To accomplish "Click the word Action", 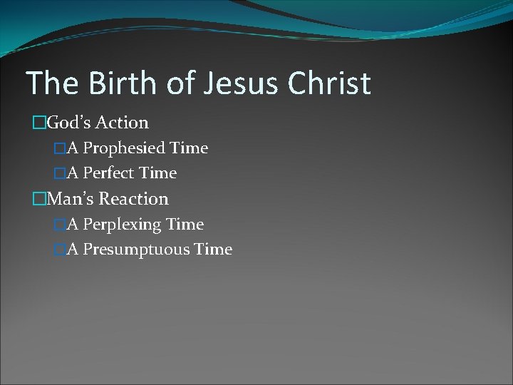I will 123,123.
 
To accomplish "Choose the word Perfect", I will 108,173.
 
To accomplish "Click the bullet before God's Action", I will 38,123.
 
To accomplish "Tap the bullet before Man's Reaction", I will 38,198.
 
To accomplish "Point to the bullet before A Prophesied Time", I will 59,148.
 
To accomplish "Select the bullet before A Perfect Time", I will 59,173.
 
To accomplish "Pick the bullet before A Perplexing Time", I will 59,224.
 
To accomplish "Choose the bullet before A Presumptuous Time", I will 59,249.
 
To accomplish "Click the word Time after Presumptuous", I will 212,249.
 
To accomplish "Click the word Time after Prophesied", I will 188,148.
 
